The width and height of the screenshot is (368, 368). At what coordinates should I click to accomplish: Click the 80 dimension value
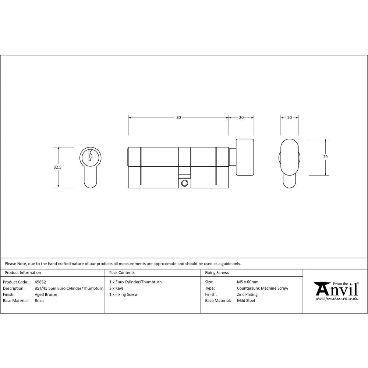[x=178, y=118]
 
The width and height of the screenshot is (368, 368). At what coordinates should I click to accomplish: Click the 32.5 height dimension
[x=57, y=167]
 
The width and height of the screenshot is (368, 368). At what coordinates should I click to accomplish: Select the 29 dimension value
[x=325, y=157]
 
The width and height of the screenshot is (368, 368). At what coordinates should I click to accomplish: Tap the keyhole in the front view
[x=89, y=156]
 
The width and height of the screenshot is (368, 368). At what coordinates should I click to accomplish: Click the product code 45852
[x=40, y=282]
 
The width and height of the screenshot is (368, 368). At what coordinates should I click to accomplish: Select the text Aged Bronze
[x=46, y=294]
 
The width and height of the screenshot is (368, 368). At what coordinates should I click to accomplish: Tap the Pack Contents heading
[x=122, y=273]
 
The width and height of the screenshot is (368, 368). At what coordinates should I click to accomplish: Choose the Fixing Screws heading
[x=217, y=273]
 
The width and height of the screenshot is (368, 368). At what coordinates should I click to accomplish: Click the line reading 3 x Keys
[x=116, y=288]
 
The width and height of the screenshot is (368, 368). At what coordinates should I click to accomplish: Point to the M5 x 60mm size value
[x=248, y=282]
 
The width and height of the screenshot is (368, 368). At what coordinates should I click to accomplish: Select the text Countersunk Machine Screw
[x=262, y=288]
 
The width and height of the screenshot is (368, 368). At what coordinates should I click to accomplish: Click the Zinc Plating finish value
[x=247, y=294]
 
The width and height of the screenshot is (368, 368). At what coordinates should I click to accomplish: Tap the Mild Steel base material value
[x=246, y=301]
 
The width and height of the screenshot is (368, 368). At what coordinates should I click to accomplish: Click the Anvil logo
[x=336, y=289]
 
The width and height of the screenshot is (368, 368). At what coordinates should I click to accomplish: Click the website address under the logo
[x=337, y=299]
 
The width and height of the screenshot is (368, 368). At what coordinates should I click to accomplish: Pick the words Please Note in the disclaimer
[x=15, y=263]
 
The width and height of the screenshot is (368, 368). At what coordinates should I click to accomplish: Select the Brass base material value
[x=39, y=301]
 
